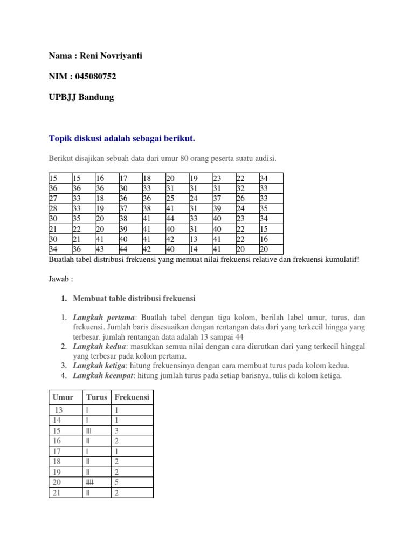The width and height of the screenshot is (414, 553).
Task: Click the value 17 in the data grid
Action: tap(123, 178)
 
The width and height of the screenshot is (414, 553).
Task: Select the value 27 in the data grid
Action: tap(53, 198)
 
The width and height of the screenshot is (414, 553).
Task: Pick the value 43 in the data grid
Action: tap(100, 249)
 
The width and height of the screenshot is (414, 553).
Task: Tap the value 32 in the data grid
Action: tap(240, 188)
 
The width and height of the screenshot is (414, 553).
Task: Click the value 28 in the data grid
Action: tap(53, 208)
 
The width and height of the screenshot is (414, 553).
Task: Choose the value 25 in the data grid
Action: tap(170, 198)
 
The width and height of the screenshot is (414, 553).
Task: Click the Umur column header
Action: tap(63, 397)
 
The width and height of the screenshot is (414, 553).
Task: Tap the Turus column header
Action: tap(96, 397)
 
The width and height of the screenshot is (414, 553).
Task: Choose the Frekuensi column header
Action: tap(132, 397)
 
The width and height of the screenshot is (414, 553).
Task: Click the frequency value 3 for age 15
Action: tap(116, 431)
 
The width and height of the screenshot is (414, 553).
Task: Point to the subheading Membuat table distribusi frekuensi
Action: tap(134, 298)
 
